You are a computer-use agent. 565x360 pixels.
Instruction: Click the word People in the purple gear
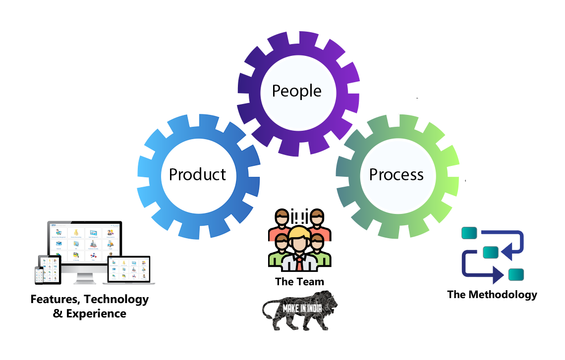point(296,91)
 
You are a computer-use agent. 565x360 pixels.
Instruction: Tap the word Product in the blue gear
point(197,174)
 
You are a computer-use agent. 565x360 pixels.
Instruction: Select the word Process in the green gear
point(396,174)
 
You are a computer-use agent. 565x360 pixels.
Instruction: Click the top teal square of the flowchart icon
point(469,232)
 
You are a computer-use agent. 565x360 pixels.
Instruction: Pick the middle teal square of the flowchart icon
point(490,252)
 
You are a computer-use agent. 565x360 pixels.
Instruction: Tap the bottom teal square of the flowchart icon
point(516,274)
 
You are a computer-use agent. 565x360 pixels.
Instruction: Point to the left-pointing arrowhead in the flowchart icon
point(506,254)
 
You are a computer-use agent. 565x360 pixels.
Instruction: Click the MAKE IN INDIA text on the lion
point(302,309)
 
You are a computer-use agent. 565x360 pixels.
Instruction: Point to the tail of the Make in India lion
point(265,309)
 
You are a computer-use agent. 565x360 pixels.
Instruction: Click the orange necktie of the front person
point(299,263)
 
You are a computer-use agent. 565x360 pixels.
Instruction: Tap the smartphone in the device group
point(38,274)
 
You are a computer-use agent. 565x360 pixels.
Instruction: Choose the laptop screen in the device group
point(128,268)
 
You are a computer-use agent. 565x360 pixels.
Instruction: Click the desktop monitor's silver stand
point(85,279)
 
